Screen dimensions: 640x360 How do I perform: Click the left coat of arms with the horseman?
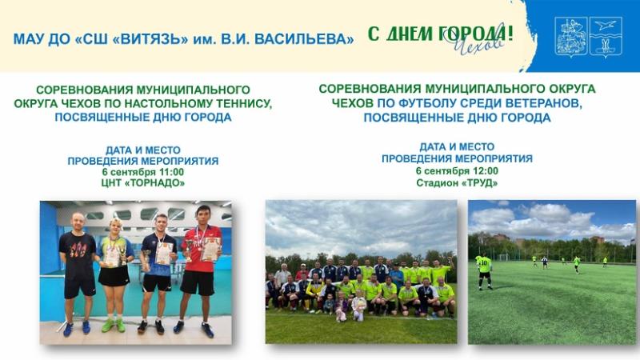pos(571,36)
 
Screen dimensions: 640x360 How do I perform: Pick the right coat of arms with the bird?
pos(606,36)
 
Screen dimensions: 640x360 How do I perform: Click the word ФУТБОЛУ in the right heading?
pos(416,103)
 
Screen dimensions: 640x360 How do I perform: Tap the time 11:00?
pos(171,172)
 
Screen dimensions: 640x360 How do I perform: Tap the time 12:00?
pos(486,170)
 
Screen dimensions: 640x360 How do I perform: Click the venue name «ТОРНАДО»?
pos(154,183)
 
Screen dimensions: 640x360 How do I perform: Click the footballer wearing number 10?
pos(485,272)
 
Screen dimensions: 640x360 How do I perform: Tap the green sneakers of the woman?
pos(114,326)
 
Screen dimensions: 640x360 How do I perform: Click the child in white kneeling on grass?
pos(358,306)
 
